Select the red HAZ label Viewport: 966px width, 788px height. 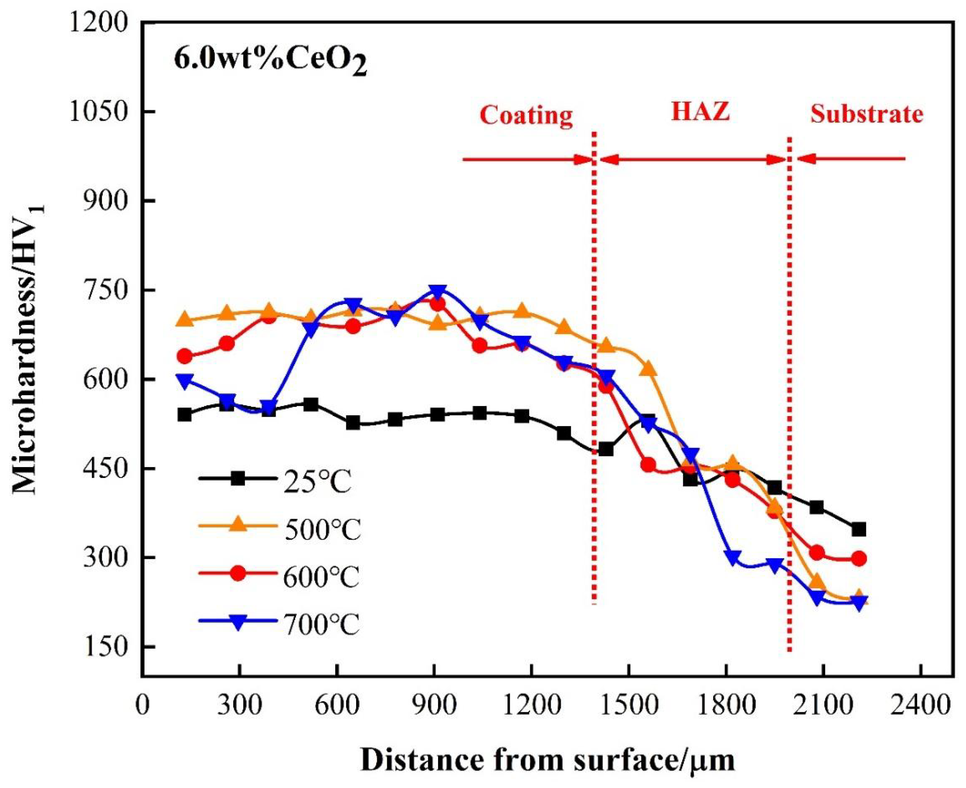pyautogui.click(x=700, y=111)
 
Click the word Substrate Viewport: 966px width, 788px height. pyautogui.click(x=867, y=114)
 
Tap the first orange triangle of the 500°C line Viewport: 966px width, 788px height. pyautogui.click(x=184, y=319)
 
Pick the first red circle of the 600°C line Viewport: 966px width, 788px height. pyautogui.click(x=184, y=356)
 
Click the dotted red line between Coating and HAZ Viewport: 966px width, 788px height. pyautogui.click(x=594, y=363)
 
